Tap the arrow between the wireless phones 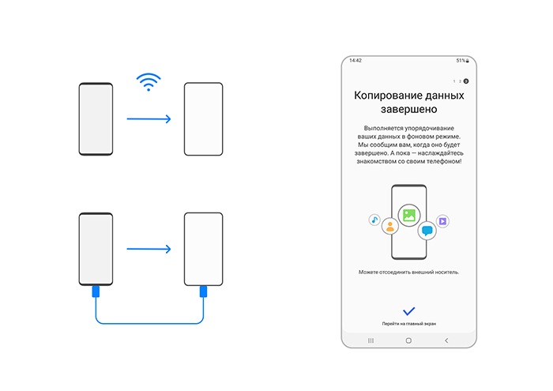pyautogui.click(x=149, y=120)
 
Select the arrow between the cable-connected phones pyautogui.click(x=149, y=250)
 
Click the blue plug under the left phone pyautogui.click(x=96, y=292)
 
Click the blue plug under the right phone pyautogui.click(x=203, y=292)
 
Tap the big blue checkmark pyautogui.click(x=408, y=310)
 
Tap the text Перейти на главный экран pyautogui.click(x=408, y=324)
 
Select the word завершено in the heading pyautogui.click(x=408, y=108)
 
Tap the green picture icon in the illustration pyautogui.click(x=408, y=212)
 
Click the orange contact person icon pyautogui.click(x=389, y=226)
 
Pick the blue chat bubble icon pyautogui.click(x=427, y=231)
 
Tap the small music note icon pyautogui.click(x=374, y=220)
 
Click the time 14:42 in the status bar pyautogui.click(x=355, y=60)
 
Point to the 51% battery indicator pyautogui.click(x=461, y=60)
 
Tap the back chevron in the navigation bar pyautogui.click(x=446, y=340)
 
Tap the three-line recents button pyautogui.click(x=371, y=340)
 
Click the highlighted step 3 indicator pyautogui.click(x=466, y=81)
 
